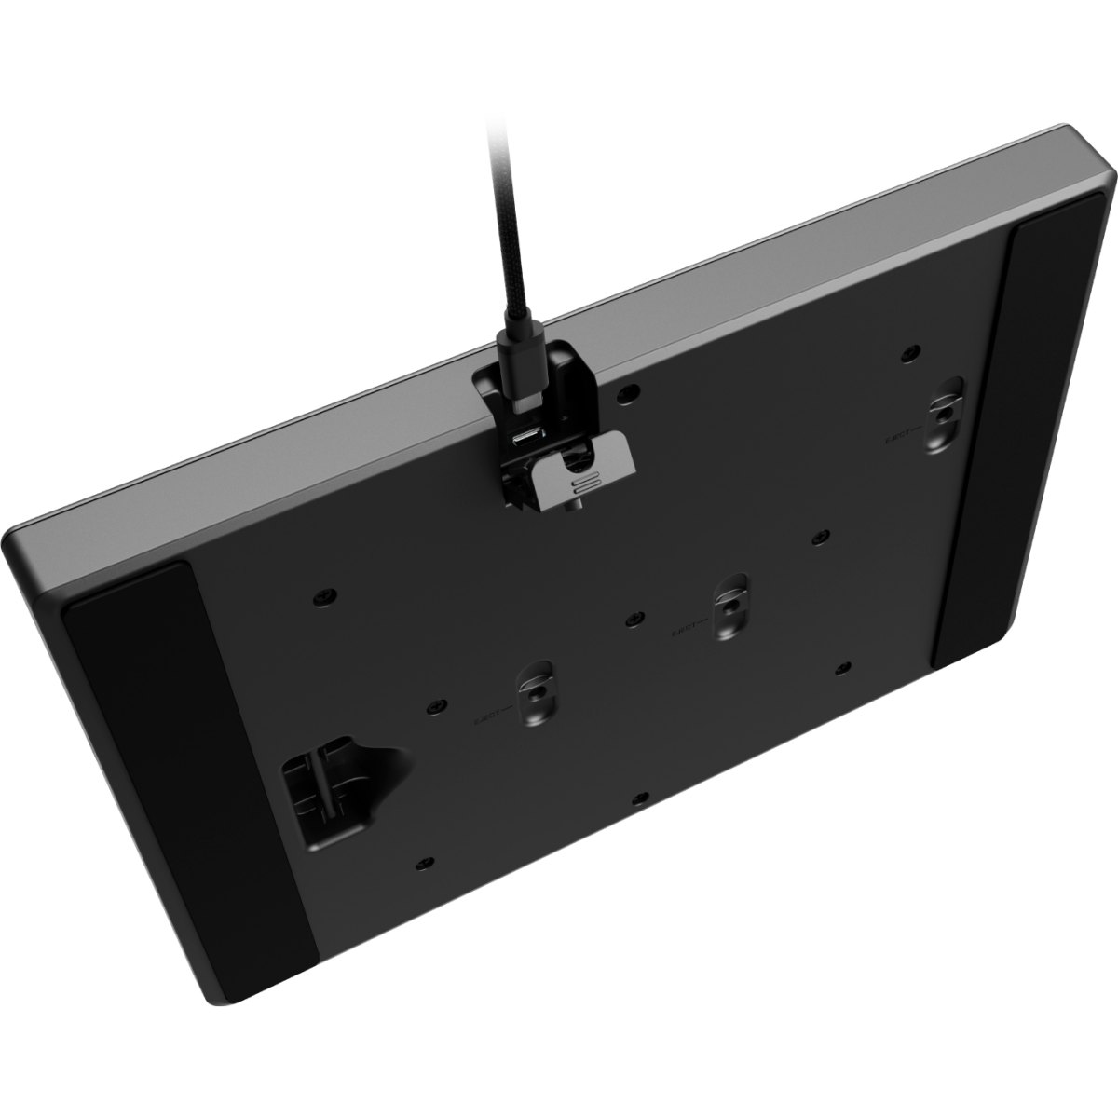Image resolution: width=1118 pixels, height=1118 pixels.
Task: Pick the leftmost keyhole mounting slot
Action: click(536, 689)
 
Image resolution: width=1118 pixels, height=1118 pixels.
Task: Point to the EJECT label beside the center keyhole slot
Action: click(688, 631)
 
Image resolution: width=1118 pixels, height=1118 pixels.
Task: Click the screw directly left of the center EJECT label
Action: click(635, 618)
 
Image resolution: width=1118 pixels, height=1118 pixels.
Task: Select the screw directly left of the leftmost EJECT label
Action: click(432, 707)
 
